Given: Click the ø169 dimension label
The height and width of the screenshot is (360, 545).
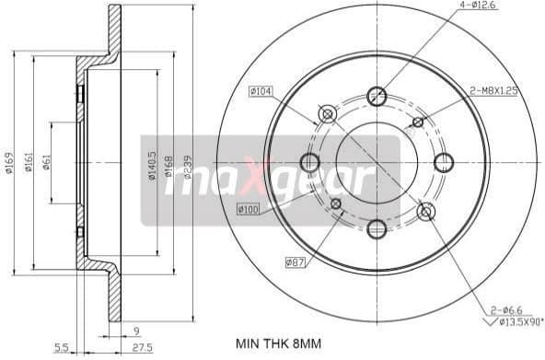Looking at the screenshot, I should pos(7,162).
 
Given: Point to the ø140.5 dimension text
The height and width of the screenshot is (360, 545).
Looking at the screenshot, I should pos(152,164).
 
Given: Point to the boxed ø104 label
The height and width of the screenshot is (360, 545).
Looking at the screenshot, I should pos(261,91).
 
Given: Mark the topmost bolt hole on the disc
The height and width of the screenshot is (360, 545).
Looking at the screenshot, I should pos(377,95).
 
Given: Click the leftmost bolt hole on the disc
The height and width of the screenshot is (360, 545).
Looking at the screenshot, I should pos(309,163).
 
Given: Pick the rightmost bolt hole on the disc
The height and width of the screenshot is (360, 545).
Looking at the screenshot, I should pos(444,162).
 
